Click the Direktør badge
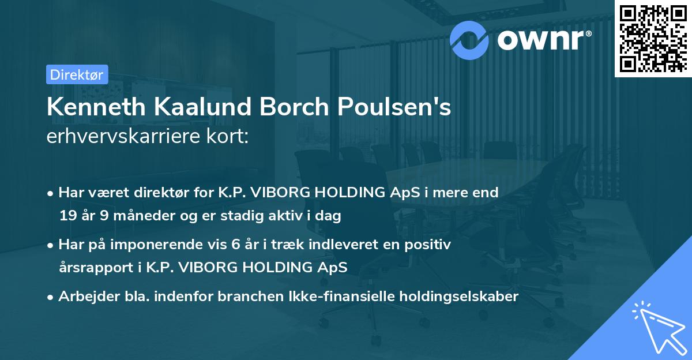point(77,74)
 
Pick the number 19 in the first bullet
point(67,216)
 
